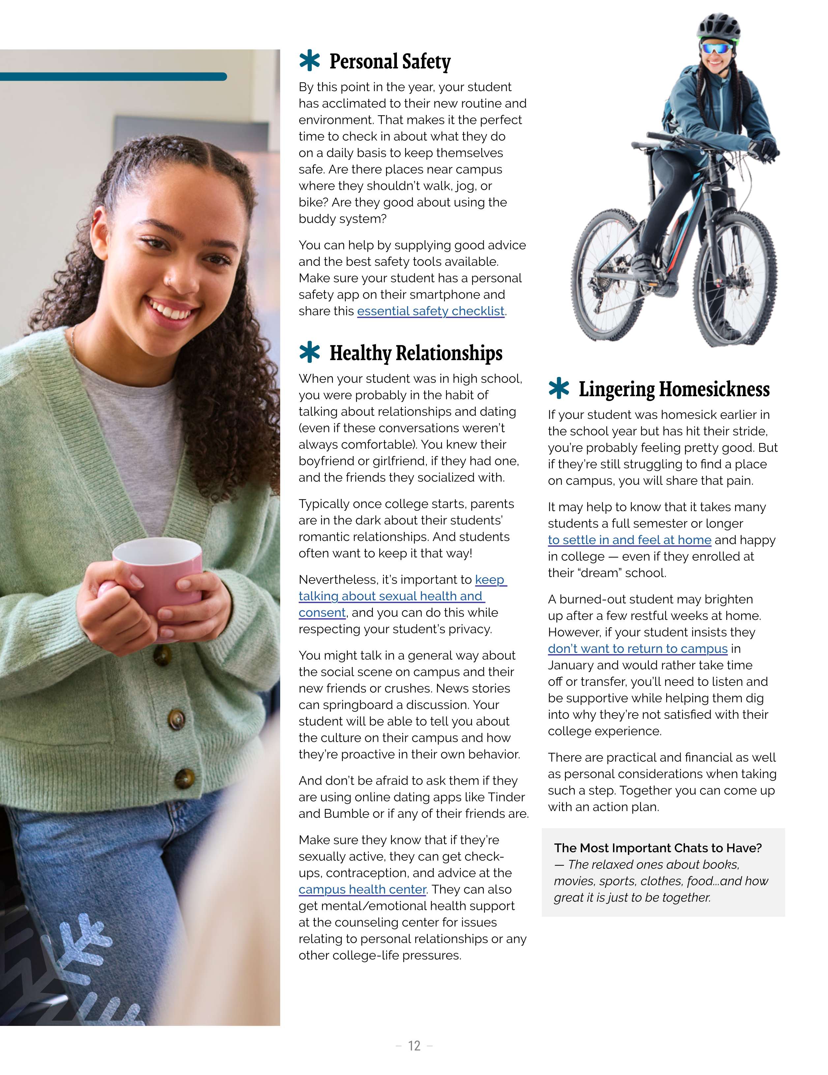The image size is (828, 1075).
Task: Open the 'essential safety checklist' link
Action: tap(431, 311)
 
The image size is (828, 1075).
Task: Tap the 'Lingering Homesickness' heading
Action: tap(673, 389)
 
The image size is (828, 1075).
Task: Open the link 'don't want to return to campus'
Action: tap(637, 649)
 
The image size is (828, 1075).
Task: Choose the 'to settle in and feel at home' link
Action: tap(629, 540)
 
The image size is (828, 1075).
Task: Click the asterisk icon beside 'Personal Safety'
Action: tap(310, 61)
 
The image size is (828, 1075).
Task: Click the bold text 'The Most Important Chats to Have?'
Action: tap(658, 848)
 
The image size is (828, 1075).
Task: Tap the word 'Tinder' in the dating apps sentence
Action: tap(506, 797)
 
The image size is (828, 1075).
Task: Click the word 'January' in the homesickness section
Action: tap(575, 665)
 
